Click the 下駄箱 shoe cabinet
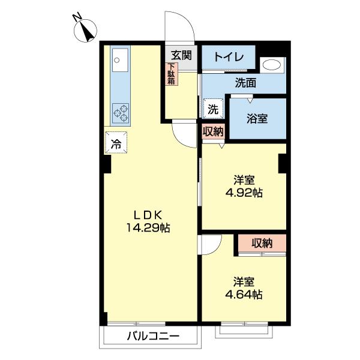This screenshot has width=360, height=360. pyautogui.click(x=171, y=74)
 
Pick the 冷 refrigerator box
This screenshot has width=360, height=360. pyautogui.click(x=116, y=143)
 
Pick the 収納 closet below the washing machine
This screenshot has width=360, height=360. pyautogui.click(x=213, y=131)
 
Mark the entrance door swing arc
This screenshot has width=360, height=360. pyautogui.click(x=182, y=25)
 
